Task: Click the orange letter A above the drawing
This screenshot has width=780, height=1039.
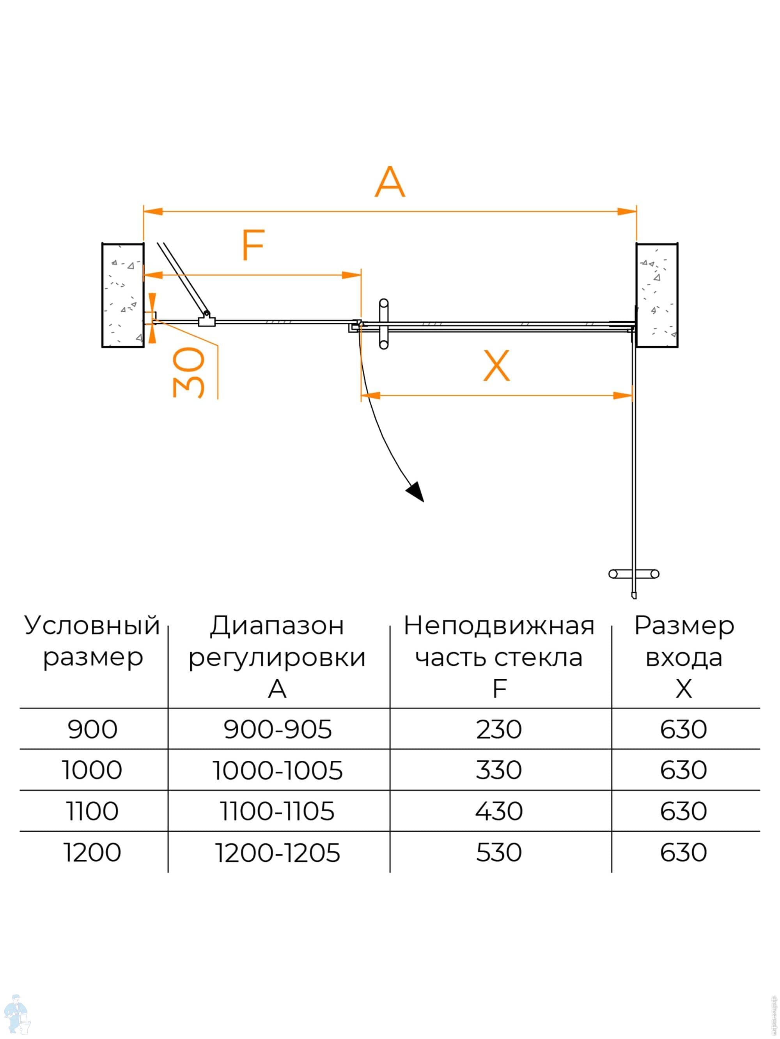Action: click(390, 182)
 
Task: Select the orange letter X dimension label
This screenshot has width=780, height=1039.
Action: click(496, 366)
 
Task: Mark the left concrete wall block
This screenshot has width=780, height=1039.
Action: click(123, 295)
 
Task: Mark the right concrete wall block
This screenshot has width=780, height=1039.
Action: click(656, 295)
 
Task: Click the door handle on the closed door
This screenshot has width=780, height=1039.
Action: click(384, 324)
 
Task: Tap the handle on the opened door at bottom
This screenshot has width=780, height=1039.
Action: click(633, 574)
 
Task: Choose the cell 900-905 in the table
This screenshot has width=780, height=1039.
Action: click(278, 730)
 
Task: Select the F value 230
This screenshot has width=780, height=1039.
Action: click(499, 730)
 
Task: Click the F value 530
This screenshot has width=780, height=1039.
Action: click(499, 853)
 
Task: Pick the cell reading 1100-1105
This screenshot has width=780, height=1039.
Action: click(278, 811)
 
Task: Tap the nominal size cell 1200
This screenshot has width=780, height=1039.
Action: click(92, 853)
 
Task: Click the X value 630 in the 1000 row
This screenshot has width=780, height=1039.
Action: click(683, 770)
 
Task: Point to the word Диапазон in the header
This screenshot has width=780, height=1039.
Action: click(277, 626)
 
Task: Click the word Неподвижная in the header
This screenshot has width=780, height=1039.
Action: click(499, 626)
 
